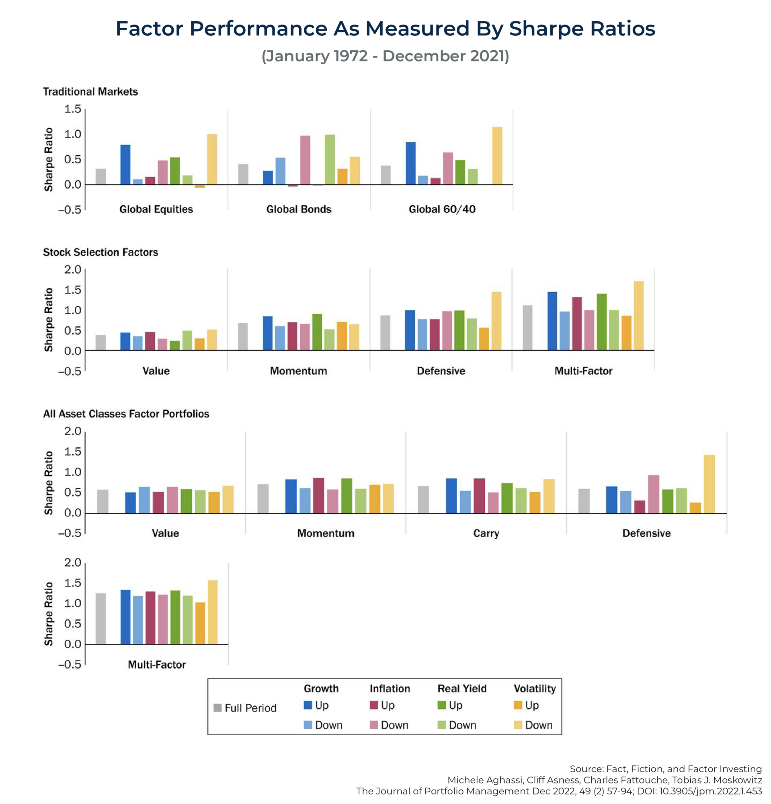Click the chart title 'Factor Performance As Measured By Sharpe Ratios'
tap(385, 29)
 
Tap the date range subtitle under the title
tap(385, 56)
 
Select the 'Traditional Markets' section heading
tap(90, 92)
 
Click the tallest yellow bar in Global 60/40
tap(497, 156)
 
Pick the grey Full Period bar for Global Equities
tap(100, 176)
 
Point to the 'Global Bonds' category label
tap(299, 209)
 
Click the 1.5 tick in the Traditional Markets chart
tap(73, 109)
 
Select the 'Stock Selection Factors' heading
tap(100, 252)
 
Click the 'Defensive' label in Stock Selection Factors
tap(441, 371)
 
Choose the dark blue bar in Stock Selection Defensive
tap(410, 330)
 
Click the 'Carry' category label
tap(486, 533)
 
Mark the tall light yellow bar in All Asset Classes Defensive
tap(709, 484)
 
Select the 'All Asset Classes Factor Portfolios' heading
tap(126, 414)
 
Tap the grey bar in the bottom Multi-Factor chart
tap(100, 618)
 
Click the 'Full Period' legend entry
tap(245, 708)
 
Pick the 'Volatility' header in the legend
tap(534, 689)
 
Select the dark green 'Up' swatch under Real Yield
tap(441, 705)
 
